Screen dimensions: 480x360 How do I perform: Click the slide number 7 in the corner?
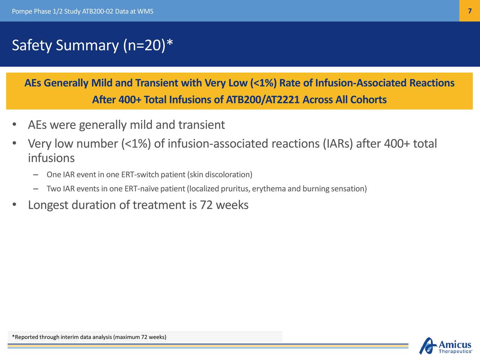tap(469, 11)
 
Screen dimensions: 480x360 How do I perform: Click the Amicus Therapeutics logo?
tap(445, 346)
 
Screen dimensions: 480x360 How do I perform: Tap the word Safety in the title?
tap(32, 46)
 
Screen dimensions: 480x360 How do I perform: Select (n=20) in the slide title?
tap(144, 45)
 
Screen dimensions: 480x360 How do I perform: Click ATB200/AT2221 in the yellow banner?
tap(262, 100)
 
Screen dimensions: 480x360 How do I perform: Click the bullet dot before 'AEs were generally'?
tap(14, 124)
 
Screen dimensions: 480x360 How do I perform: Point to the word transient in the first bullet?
tap(202, 125)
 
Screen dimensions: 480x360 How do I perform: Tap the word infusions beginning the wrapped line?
tap(51, 158)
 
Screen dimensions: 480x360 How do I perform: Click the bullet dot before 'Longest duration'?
tap(14, 205)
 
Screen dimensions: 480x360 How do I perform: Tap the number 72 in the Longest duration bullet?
tap(206, 205)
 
